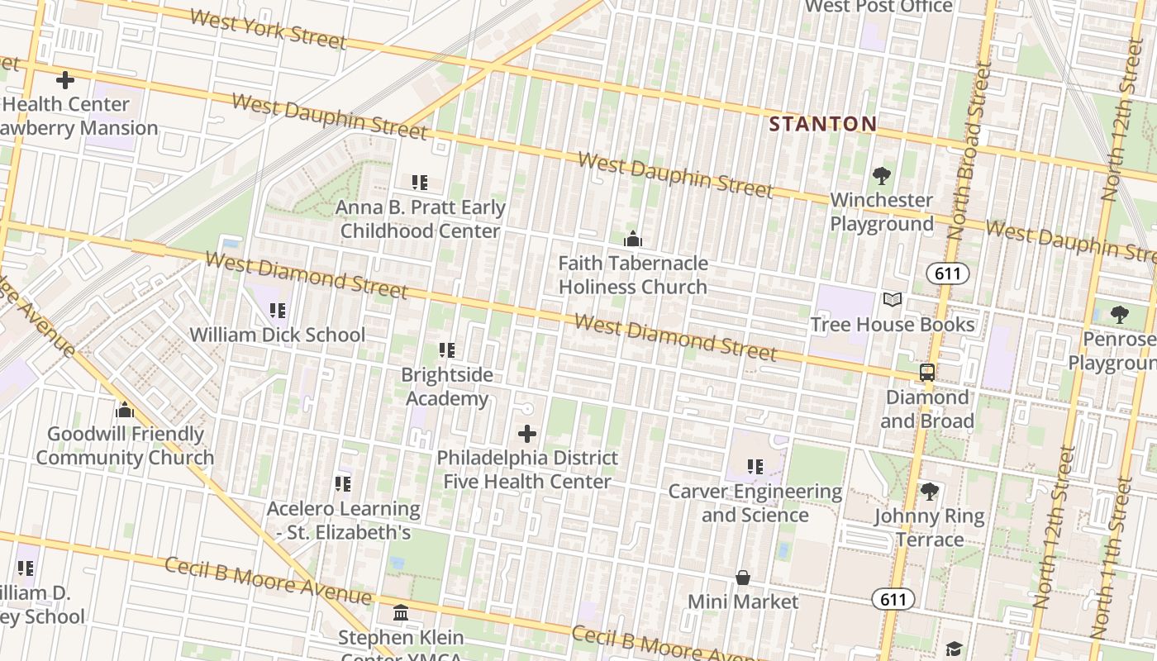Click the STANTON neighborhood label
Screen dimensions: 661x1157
tap(822, 125)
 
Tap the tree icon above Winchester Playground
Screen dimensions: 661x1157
tap(882, 175)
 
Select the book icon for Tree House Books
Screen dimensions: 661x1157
tap(893, 299)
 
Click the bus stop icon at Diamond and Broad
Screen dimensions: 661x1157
tap(927, 372)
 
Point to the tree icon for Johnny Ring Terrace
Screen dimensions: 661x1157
tap(930, 492)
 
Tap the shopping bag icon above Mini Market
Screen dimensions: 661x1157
tap(743, 577)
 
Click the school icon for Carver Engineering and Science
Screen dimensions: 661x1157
tap(755, 467)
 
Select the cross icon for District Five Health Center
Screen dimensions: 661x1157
tap(527, 433)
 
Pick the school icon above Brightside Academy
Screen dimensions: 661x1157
tap(447, 350)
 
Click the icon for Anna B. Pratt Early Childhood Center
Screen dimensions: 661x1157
tap(420, 182)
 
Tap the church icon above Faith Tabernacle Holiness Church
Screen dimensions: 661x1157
tap(633, 239)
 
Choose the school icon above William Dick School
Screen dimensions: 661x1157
tap(278, 311)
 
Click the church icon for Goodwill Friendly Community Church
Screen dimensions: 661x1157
tap(125, 410)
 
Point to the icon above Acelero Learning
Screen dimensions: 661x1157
tap(343, 483)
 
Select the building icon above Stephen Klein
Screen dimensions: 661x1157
tap(401, 613)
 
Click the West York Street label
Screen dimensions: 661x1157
tap(267, 30)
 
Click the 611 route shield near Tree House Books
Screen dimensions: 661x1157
tap(947, 273)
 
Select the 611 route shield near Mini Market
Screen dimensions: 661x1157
tap(893, 599)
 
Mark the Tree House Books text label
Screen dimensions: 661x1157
tap(893, 324)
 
